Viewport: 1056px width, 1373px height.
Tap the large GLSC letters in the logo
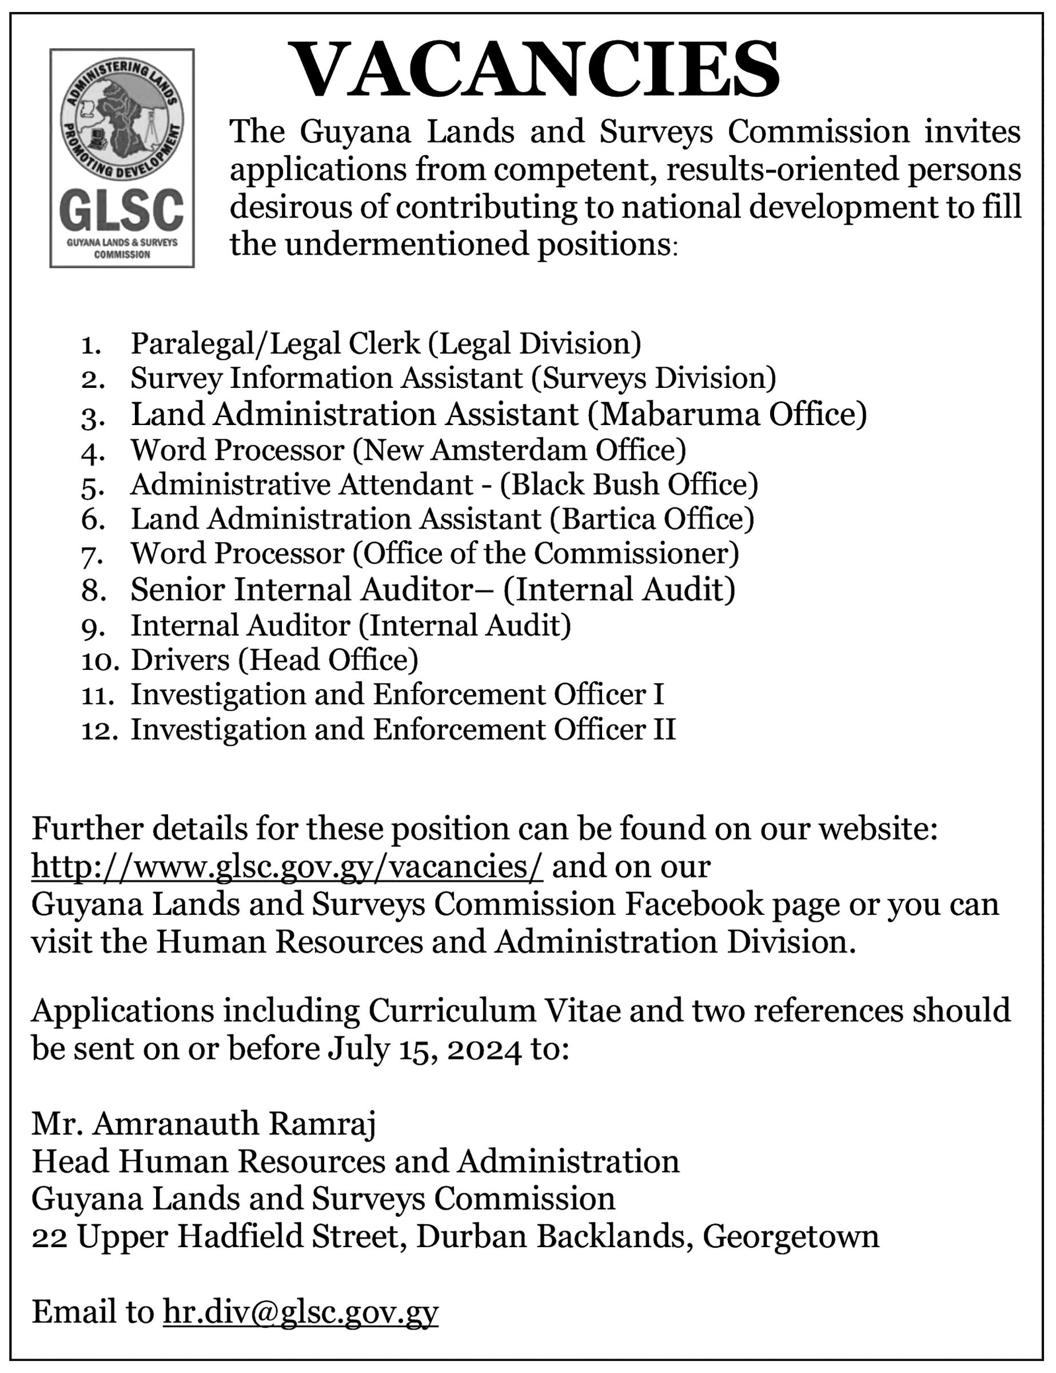coord(122,211)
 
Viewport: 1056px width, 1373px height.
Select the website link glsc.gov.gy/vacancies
coord(287,867)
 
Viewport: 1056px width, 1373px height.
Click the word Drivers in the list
coord(180,660)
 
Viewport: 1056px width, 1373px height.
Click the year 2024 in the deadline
coord(483,1049)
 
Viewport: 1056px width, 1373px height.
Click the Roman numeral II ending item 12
coord(664,729)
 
